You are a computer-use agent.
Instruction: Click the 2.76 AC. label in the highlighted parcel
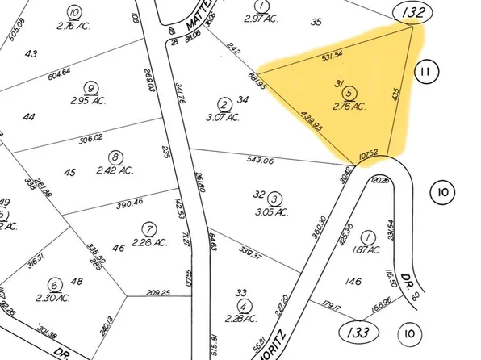pos(349,106)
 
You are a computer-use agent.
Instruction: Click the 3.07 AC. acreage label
pos(227,118)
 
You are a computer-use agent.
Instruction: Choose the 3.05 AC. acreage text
pos(274,212)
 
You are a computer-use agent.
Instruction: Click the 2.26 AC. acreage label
pos(149,241)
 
